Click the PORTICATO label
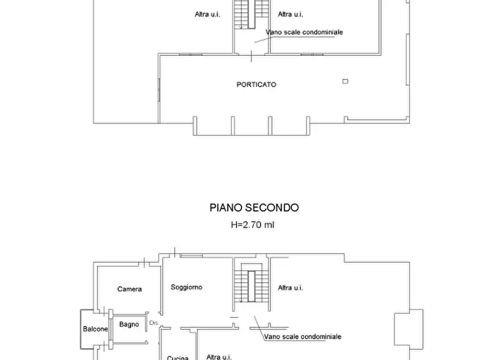click(256, 84)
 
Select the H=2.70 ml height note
click(252, 225)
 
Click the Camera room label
click(130, 289)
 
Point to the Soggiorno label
click(187, 287)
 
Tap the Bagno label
click(129, 324)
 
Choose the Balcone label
click(95, 329)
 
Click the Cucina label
click(177, 357)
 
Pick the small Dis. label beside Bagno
click(153, 323)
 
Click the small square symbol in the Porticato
click(345, 81)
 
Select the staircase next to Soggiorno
click(251, 285)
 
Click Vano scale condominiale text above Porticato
click(304, 32)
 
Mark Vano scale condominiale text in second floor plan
click(302, 337)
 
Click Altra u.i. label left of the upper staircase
click(207, 15)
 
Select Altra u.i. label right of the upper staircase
click(290, 15)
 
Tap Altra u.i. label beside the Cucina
click(219, 356)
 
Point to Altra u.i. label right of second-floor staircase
click(290, 288)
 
